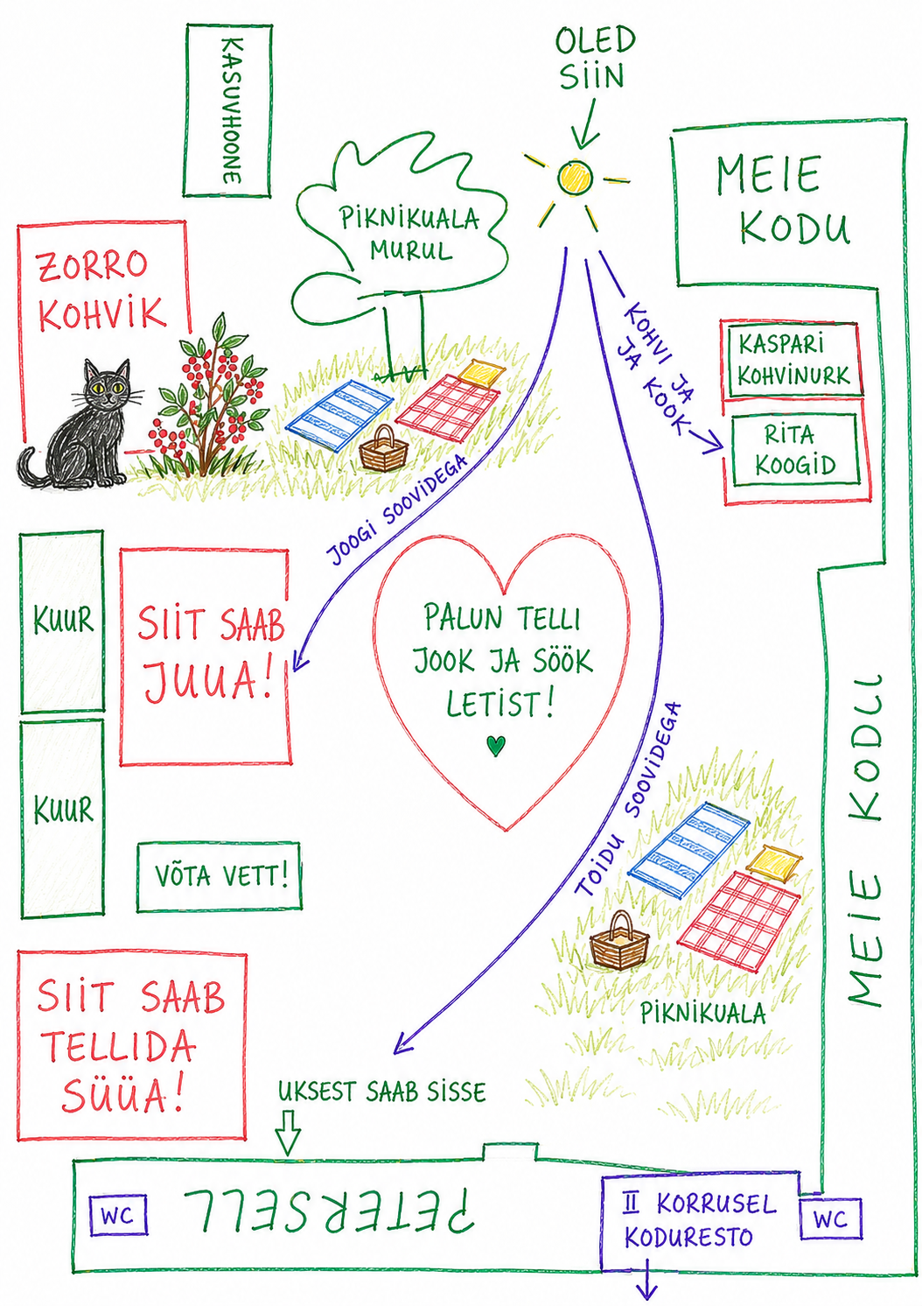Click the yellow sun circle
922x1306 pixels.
click(575, 177)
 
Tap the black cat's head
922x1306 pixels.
click(108, 385)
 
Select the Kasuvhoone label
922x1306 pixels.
click(233, 110)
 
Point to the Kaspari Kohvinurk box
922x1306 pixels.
click(793, 359)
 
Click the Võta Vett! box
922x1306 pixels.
click(220, 876)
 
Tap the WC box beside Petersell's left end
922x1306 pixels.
click(118, 1215)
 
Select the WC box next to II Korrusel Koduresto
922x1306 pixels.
click(830, 1218)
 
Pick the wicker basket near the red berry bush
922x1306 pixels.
click(383, 449)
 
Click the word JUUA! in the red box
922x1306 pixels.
click(208, 681)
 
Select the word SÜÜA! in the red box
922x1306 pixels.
click(122, 1095)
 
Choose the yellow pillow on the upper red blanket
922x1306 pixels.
click(481, 372)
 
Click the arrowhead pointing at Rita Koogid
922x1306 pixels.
click(712, 443)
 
